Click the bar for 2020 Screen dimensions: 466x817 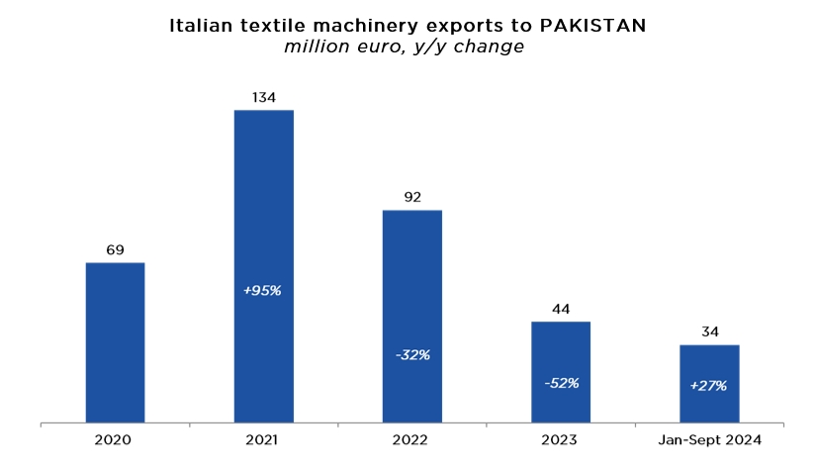click(115, 342)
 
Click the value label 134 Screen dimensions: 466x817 click(263, 97)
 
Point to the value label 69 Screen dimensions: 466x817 click(115, 249)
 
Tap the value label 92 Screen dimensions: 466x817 click(411, 197)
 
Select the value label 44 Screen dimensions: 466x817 click(560, 309)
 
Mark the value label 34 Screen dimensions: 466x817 click(709, 331)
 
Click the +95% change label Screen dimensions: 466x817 click(263, 290)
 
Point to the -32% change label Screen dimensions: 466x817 click(411, 354)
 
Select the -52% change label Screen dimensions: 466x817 click(560, 383)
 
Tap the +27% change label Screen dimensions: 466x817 click(709, 385)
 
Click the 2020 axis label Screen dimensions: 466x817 click(115, 438)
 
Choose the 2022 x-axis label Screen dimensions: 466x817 click(411, 438)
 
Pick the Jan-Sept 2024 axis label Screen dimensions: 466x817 click(709, 438)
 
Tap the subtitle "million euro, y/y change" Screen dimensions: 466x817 click(404, 47)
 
